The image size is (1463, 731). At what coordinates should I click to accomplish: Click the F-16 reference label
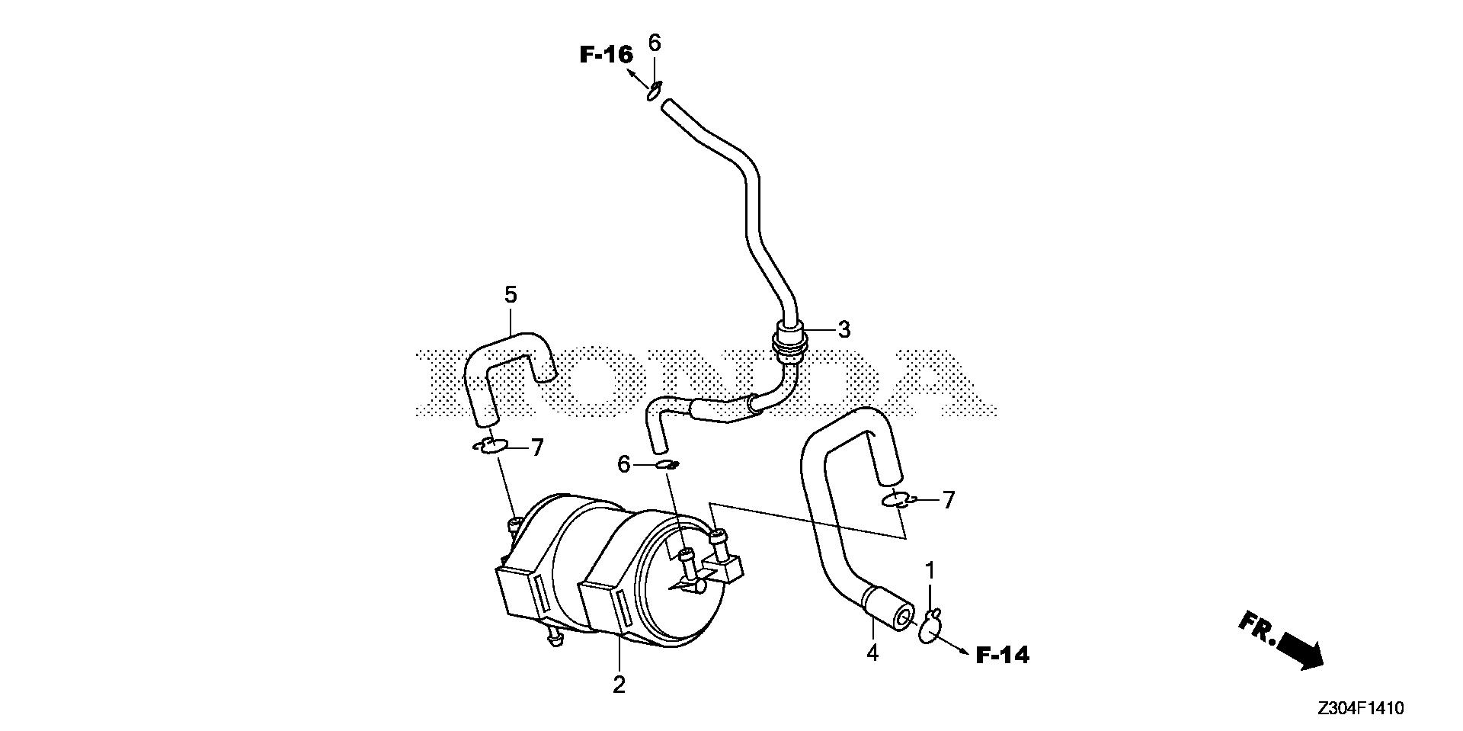click(x=606, y=54)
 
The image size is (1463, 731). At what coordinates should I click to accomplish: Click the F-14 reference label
click(x=1002, y=655)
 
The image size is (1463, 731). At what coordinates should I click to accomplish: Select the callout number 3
click(x=844, y=330)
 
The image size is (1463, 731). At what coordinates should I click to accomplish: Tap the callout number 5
click(x=511, y=294)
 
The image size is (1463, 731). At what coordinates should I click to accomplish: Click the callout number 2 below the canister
click(x=619, y=685)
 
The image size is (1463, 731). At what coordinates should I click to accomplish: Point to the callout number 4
click(x=872, y=653)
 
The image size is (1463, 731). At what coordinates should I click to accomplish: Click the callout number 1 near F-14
click(x=930, y=570)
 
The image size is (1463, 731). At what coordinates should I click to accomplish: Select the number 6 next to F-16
click(x=655, y=43)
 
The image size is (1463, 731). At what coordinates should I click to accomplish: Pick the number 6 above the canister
click(x=623, y=464)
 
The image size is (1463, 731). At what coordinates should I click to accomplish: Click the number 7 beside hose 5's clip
click(x=537, y=447)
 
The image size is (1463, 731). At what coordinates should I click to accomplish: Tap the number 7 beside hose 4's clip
click(x=948, y=500)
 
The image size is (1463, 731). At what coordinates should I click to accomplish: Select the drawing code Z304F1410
click(x=1360, y=709)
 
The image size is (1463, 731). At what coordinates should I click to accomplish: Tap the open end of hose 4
click(x=904, y=616)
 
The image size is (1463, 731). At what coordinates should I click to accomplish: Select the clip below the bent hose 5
click(x=490, y=446)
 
